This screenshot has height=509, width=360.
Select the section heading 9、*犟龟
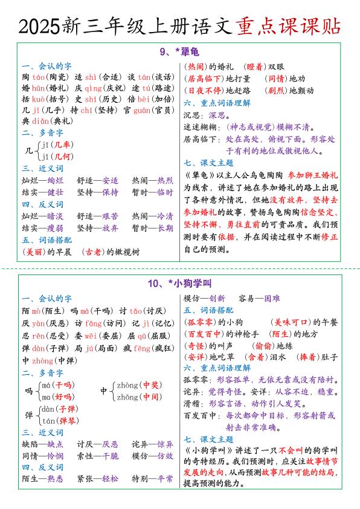coord(179,53)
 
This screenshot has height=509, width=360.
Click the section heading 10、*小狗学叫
coord(179,283)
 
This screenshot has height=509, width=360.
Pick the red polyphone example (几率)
coord(59,144)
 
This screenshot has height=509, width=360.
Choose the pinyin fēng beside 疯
coord(142,349)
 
